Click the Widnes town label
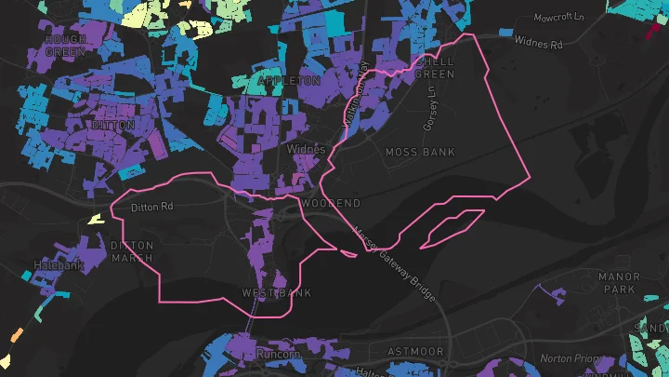(x=307, y=148)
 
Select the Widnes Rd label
(x=539, y=44)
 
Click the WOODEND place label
(x=332, y=202)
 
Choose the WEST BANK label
(x=277, y=293)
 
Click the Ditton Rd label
(x=152, y=206)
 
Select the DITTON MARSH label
(x=132, y=251)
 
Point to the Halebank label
(x=59, y=265)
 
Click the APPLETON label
(x=289, y=81)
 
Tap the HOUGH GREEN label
(x=65, y=46)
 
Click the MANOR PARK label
(x=620, y=283)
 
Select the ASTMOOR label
(x=415, y=351)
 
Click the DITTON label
(x=114, y=125)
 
